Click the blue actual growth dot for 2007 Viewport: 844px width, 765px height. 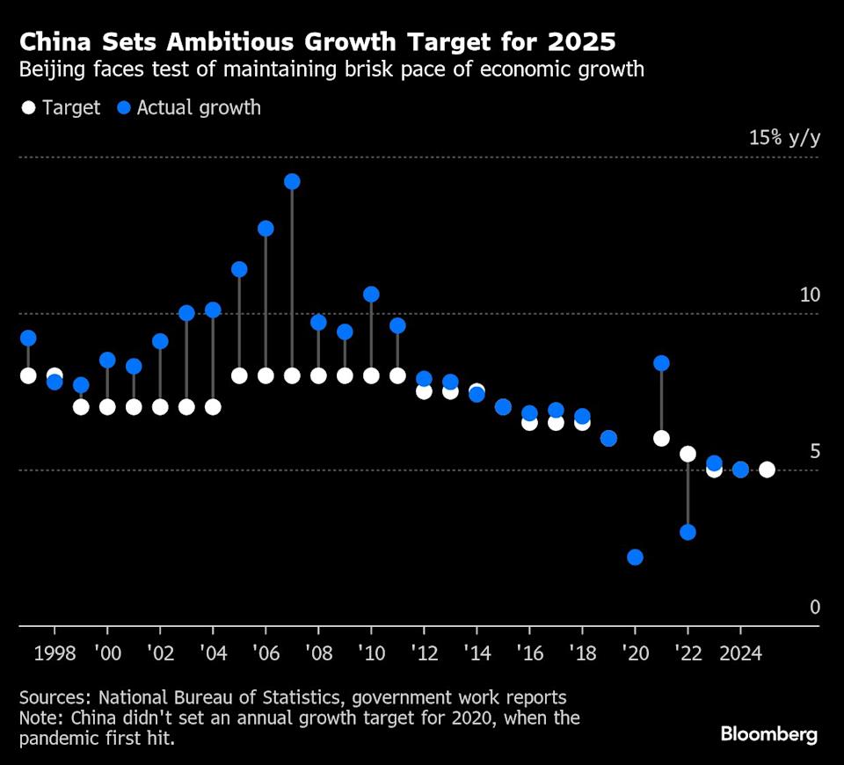292,181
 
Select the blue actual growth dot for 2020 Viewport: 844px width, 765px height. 635,557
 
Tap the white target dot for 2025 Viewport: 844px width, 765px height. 767,470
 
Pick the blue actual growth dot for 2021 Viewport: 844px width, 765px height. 661,363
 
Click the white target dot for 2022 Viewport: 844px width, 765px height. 688,454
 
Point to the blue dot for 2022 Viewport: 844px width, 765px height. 688,532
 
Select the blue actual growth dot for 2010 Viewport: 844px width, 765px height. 371,295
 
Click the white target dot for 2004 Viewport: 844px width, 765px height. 213,407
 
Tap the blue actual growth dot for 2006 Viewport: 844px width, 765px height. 266,229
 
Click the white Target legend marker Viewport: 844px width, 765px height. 28,108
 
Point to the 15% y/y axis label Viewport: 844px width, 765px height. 783,138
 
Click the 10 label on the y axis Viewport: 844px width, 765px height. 809,295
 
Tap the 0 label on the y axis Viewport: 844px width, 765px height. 814,608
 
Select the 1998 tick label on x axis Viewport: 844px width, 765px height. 55,653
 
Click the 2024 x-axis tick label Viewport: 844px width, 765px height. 740,653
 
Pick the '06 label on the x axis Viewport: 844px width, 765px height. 266,653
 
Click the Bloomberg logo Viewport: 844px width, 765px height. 769,734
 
